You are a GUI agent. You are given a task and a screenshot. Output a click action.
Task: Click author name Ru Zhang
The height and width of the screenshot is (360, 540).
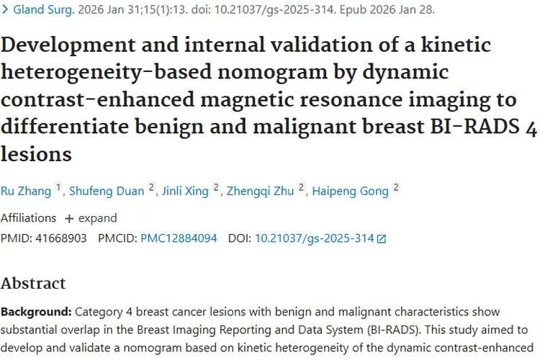26,191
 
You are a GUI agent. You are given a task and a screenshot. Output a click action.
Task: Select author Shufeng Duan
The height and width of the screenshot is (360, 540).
107,191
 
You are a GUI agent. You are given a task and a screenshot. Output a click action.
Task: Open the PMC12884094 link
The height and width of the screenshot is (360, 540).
179,238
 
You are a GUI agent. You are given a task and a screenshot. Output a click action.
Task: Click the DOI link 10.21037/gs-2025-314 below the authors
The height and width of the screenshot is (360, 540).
315,238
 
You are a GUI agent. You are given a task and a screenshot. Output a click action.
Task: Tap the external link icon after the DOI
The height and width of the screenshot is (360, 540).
382,238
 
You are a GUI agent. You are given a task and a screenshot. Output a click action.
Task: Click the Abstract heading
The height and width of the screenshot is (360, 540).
33,283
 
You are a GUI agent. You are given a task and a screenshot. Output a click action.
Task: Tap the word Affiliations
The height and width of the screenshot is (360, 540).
28,217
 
